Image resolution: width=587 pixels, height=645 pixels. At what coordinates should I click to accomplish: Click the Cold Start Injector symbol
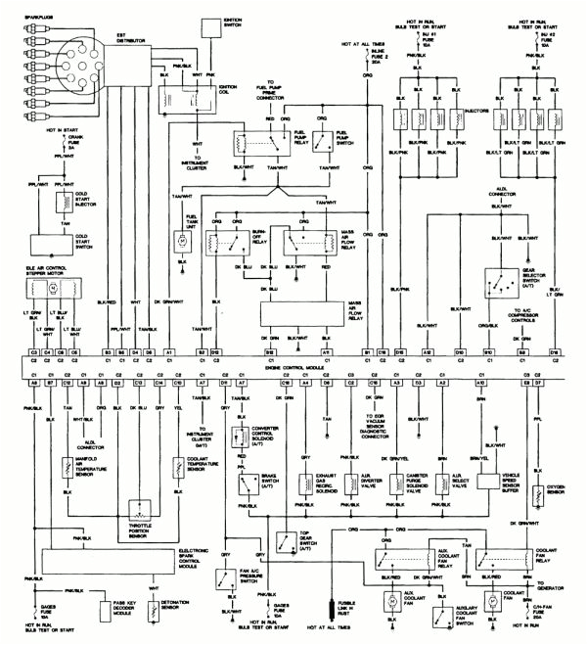[57, 204]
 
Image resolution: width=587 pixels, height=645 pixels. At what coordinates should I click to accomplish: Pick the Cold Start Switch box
[55, 245]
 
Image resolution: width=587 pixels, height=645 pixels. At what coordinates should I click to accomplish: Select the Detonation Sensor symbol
[151, 611]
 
